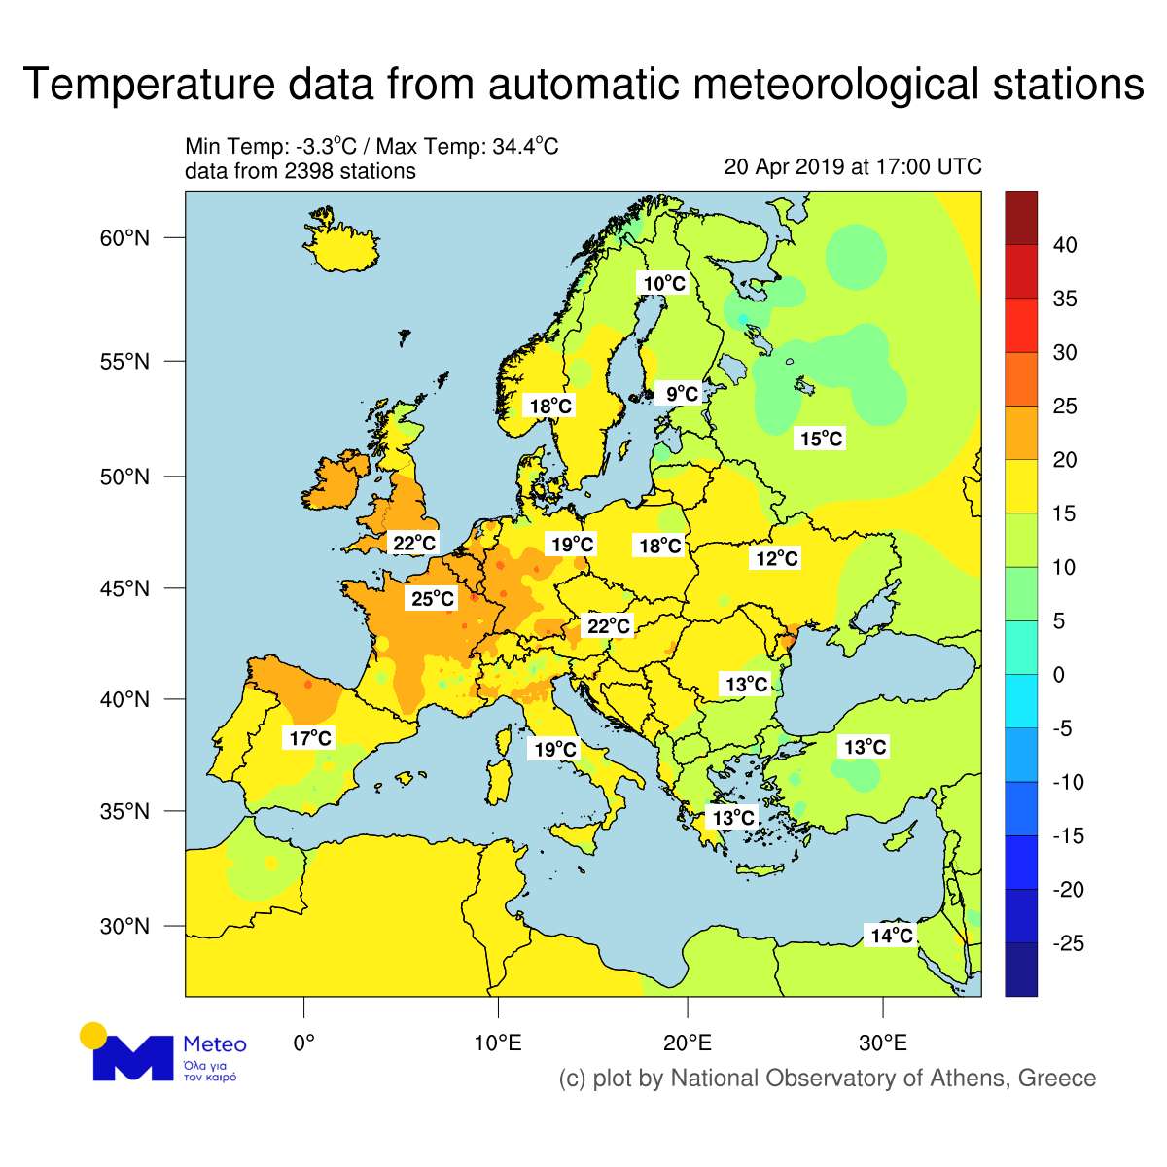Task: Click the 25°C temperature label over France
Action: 433,598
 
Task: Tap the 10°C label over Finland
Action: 664,283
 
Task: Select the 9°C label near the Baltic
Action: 681,394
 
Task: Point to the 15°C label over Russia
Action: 821,439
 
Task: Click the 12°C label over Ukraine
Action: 777,558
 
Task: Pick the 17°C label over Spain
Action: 310,738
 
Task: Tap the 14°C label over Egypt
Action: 891,936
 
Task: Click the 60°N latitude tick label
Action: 124,238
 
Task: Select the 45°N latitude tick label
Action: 124,588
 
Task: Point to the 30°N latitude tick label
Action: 124,926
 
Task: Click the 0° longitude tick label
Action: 303,1043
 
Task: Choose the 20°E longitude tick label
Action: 688,1043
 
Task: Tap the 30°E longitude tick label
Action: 882,1043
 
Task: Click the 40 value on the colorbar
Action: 1065,245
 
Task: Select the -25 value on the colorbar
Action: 1068,943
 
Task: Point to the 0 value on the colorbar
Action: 1059,675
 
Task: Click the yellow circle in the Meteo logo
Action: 93,1035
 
